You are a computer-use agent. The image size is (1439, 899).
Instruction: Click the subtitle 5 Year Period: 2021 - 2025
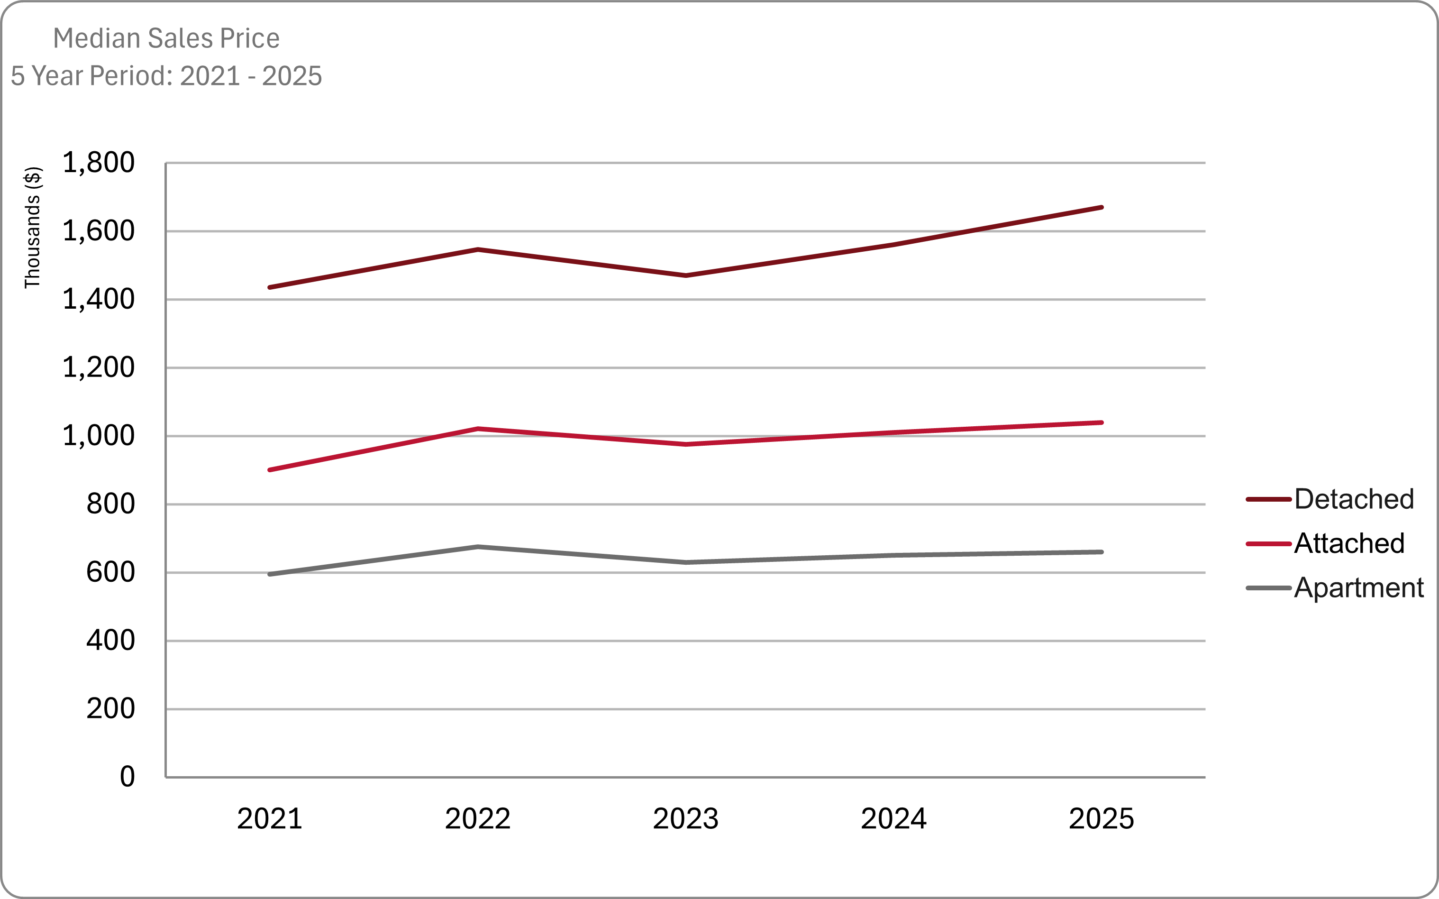[x=166, y=76]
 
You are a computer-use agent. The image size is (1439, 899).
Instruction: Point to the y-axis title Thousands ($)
[x=32, y=228]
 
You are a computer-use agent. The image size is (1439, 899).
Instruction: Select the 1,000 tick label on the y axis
[x=99, y=436]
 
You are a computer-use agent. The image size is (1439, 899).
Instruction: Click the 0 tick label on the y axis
[x=127, y=777]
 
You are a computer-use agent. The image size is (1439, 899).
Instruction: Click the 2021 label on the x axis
[x=269, y=819]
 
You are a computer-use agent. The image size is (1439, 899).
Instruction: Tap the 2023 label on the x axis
[x=685, y=819]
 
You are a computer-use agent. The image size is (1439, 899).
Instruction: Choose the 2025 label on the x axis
[x=1102, y=819]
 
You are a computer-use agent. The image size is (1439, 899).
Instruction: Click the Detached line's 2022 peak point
[x=478, y=250]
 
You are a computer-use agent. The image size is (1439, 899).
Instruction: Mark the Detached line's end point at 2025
[x=1102, y=208]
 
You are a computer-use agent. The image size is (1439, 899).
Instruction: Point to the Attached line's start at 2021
[x=270, y=470]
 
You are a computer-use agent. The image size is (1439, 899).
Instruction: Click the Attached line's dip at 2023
[x=686, y=444]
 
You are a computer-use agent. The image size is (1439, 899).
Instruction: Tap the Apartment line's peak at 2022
[x=478, y=546]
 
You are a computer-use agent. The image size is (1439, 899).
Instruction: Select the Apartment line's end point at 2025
[x=1102, y=552]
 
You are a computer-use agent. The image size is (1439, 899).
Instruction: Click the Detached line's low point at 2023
[x=686, y=275]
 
